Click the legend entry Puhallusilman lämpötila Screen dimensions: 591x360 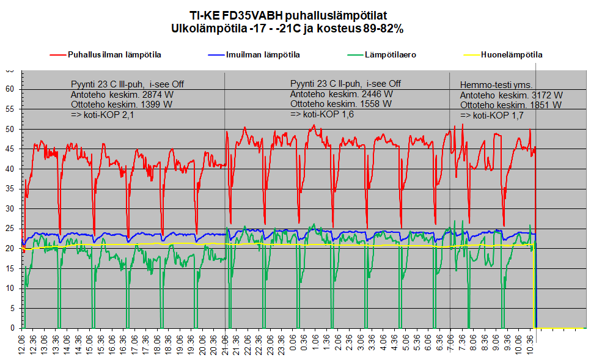[x=106, y=54]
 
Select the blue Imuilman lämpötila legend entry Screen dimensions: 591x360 [x=254, y=54]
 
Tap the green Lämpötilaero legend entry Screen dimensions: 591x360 [x=382, y=54]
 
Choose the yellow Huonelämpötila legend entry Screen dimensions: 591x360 [x=503, y=54]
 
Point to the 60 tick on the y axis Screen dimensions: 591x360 [x=9, y=89]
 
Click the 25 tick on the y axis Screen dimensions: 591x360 [x=9, y=229]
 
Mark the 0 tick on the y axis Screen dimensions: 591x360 [x=12, y=328]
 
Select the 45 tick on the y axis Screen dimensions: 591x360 [x=9, y=149]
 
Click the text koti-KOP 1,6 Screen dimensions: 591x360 [x=328, y=114]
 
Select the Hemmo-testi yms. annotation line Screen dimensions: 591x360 [x=496, y=85]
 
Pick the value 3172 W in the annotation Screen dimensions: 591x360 [x=547, y=95]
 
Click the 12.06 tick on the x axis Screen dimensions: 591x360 [x=21, y=343]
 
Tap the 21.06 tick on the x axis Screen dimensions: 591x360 [x=225, y=343]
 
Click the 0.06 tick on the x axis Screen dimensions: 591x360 [x=293, y=342]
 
